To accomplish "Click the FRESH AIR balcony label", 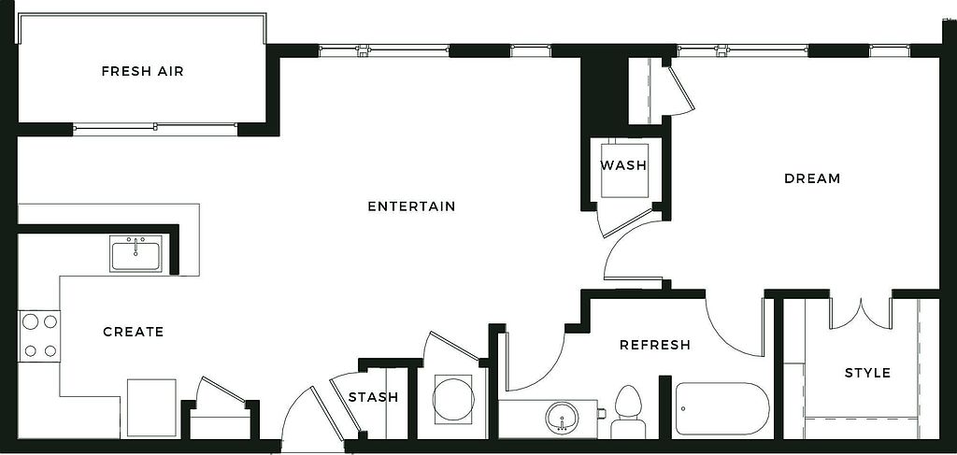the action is [142, 71].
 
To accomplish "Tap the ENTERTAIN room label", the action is [411, 206].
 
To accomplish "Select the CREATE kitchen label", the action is [133, 332].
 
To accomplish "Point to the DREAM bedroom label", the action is [812, 178].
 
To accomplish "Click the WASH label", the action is [623, 165].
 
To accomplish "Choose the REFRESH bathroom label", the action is [655, 345].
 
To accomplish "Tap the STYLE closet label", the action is [867, 373].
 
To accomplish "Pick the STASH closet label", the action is [373, 397].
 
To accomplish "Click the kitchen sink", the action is [136, 252].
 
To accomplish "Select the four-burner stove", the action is [39, 336].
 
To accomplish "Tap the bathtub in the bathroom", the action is [721, 409].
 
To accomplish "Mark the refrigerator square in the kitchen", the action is [151, 407].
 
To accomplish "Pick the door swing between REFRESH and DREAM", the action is [733, 327].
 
